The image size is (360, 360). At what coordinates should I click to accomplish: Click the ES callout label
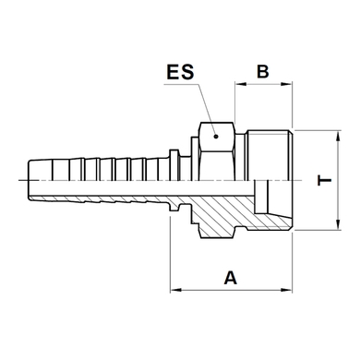(x=180, y=72)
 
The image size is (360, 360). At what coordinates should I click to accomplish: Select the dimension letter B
(x=263, y=71)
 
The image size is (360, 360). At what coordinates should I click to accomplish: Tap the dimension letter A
(x=231, y=278)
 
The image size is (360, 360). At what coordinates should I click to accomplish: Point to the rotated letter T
(x=324, y=180)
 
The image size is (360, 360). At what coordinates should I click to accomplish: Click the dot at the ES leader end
(x=216, y=136)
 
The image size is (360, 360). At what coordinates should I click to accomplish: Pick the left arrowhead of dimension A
(x=175, y=290)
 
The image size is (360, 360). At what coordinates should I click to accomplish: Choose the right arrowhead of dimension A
(x=287, y=290)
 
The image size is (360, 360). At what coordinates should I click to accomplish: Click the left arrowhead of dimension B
(x=241, y=84)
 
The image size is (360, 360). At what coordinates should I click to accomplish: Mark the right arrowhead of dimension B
(x=287, y=84)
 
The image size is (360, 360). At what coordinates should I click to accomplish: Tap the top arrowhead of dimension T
(x=339, y=136)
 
